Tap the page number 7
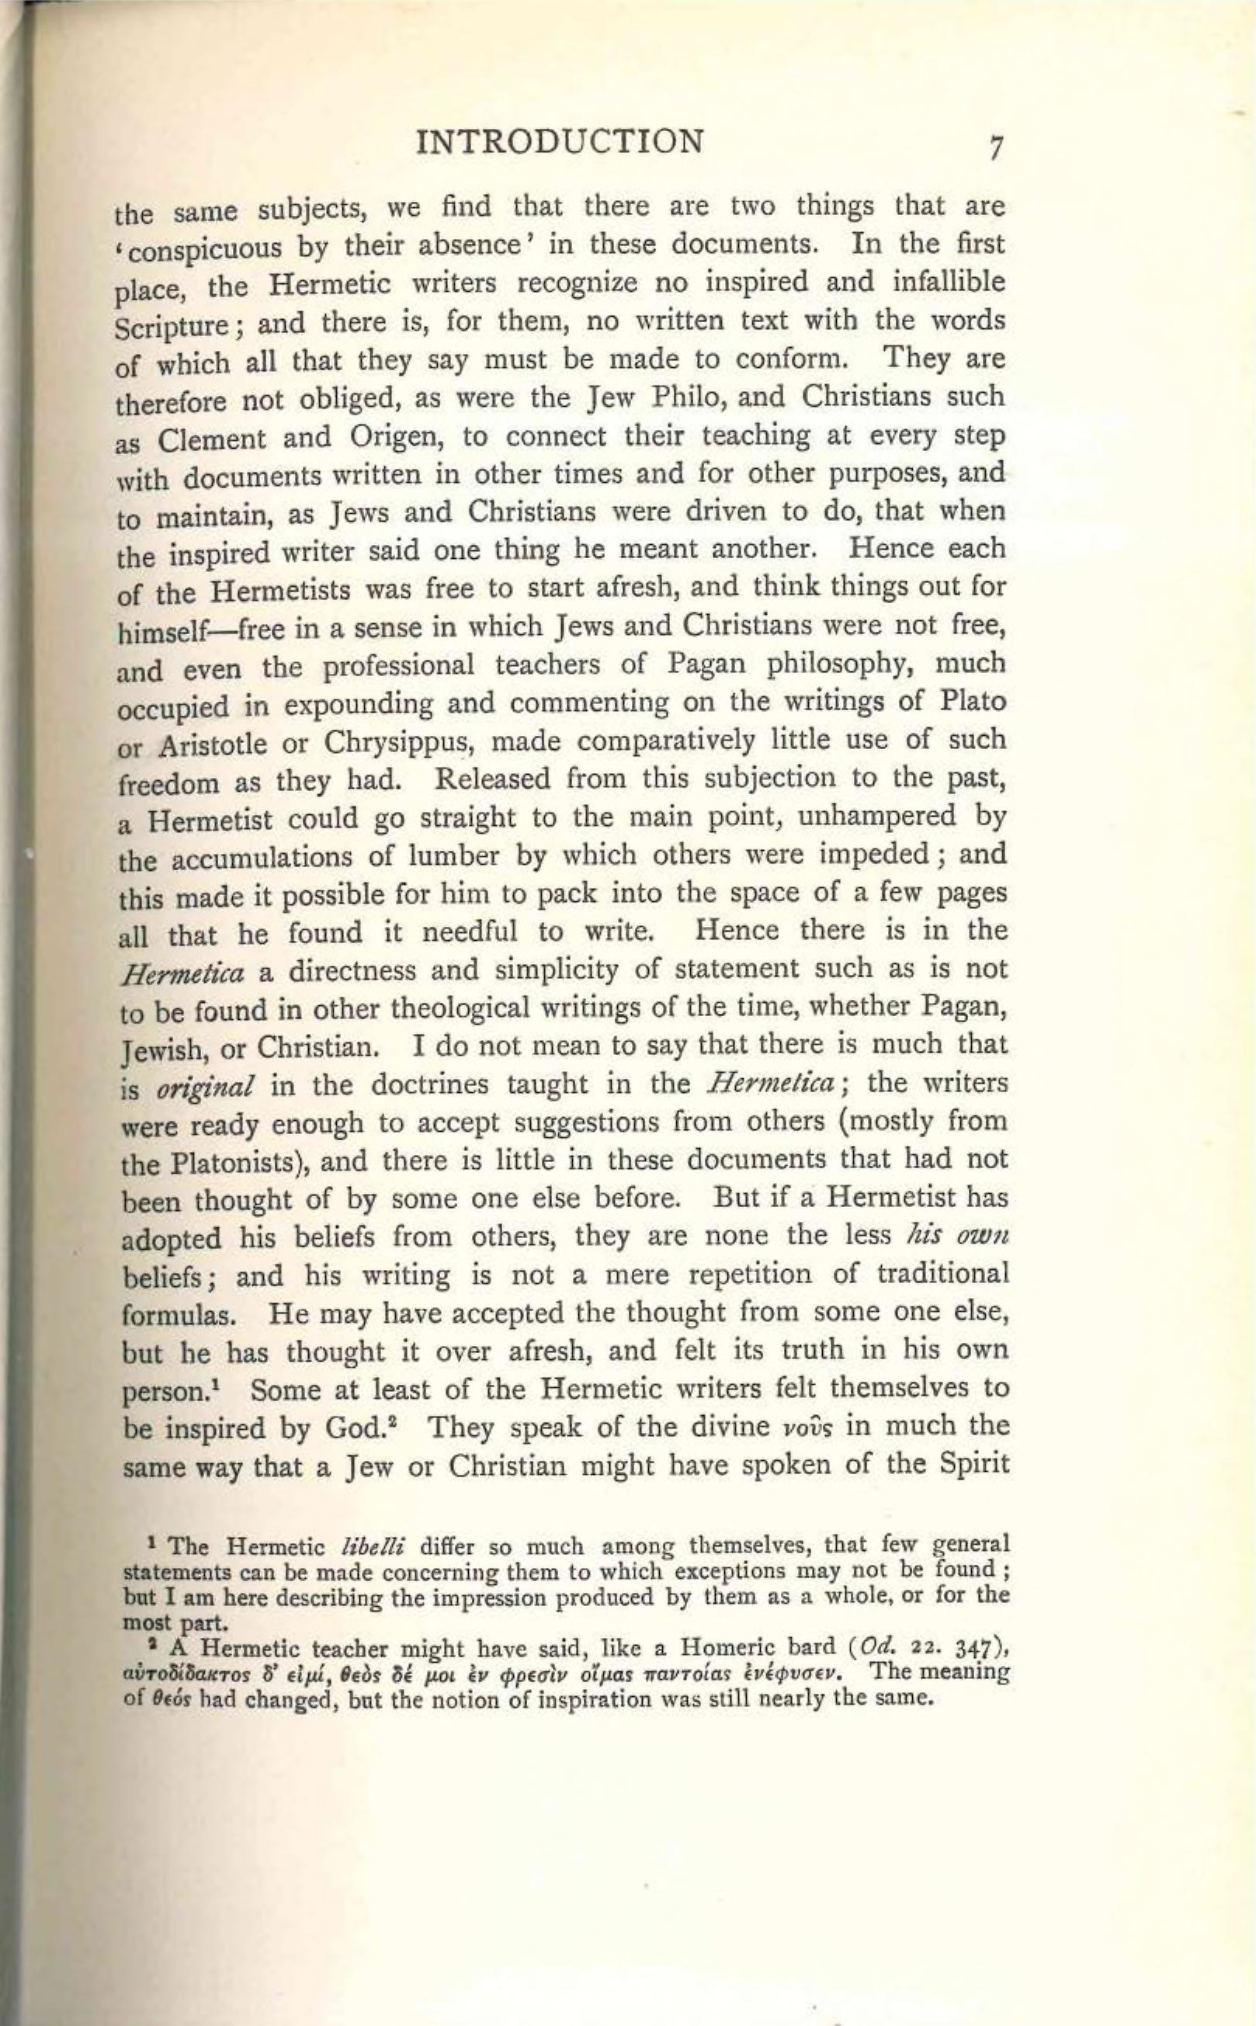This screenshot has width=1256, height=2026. (997, 147)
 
